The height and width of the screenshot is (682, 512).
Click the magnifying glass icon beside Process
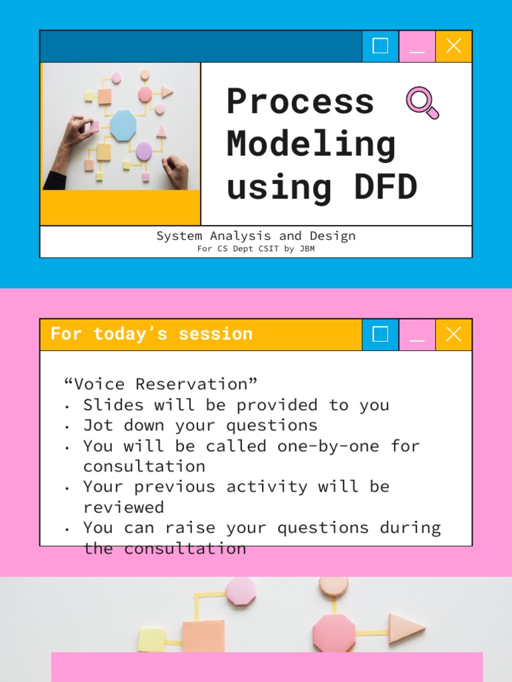[x=422, y=103]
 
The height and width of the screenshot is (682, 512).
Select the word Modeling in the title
[x=311, y=144]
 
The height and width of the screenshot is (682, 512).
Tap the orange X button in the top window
[x=453, y=46]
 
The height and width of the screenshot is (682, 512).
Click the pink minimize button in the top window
[x=417, y=46]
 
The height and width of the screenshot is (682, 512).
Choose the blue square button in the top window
[x=380, y=46]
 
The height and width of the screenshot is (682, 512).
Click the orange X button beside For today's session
[x=453, y=334]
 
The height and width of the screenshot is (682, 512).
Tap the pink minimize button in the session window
[x=417, y=334]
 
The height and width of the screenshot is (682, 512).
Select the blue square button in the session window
[x=380, y=334]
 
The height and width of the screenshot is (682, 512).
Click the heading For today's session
[x=151, y=334]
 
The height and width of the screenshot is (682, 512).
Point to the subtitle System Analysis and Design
[x=256, y=236]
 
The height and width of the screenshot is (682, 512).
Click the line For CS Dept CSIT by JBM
[x=256, y=249]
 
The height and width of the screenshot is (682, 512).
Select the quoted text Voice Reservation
[x=160, y=384]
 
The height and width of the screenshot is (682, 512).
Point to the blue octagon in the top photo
[x=123, y=125]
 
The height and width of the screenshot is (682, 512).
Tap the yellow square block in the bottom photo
[x=152, y=639]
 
